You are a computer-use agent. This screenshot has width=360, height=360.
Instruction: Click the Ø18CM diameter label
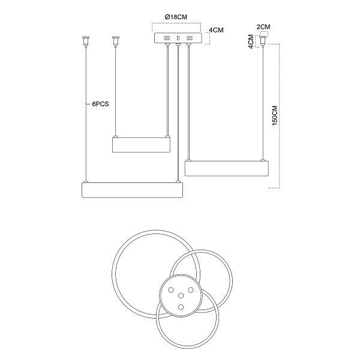click(x=176, y=17)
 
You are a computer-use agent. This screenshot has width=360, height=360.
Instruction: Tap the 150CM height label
click(x=275, y=115)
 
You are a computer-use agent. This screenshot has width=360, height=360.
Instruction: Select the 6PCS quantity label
click(x=100, y=104)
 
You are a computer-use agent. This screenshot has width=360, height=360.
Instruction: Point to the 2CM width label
click(x=263, y=27)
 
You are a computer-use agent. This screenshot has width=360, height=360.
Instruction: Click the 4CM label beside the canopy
click(x=216, y=30)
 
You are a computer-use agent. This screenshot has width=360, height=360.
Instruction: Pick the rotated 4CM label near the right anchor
click(x=251, y=41)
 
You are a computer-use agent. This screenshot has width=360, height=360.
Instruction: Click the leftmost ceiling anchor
click(x=86, y=41)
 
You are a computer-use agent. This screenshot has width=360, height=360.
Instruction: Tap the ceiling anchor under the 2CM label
click(x=263, y=41)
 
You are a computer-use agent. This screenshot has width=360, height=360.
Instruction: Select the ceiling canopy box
click(x=178, y=38)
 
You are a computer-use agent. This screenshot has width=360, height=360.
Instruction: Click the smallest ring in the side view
click(x=141, y=145)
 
